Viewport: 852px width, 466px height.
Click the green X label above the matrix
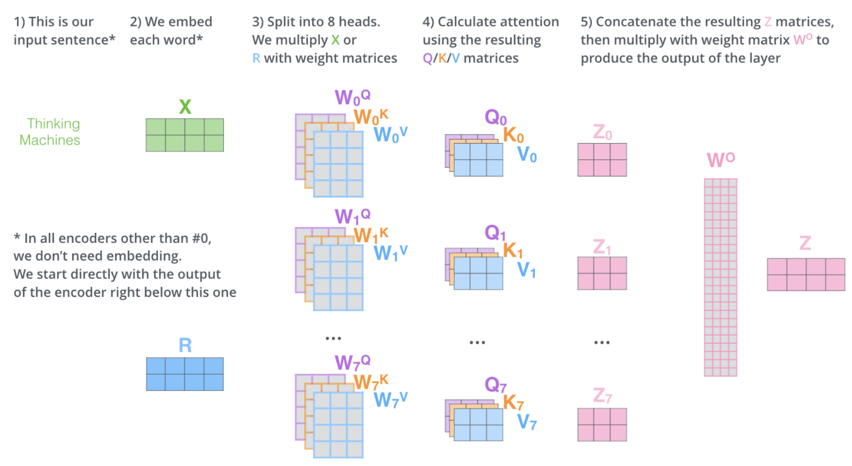tap(185, 107)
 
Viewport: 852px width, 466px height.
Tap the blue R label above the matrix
tap(185, 345)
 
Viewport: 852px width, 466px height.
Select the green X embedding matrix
tap(185, 135)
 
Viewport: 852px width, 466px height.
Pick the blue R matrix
tap(185, 374)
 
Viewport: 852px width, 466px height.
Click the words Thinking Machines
tap(50, 132)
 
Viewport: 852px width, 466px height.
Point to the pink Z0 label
tap(602, 132)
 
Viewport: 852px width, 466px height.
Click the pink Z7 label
tap(602, 396)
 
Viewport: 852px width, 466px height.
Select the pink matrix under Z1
tap(602, 273)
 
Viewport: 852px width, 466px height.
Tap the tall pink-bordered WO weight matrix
tap(720, 277)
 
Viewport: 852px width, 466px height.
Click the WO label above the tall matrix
tap(720, 160)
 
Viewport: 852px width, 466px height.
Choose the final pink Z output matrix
tap(806, 274)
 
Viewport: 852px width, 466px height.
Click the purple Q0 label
tap(495, 118)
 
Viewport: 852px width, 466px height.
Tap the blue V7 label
tap(527, 422)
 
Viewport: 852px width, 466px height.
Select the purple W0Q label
tap(352, 97)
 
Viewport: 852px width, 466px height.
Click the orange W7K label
tap(371, 382)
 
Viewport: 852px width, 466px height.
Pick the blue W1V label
tap(391, 253)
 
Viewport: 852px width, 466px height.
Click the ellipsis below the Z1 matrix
tap(602, 342)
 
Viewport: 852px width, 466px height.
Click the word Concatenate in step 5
tap(629, 22)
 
